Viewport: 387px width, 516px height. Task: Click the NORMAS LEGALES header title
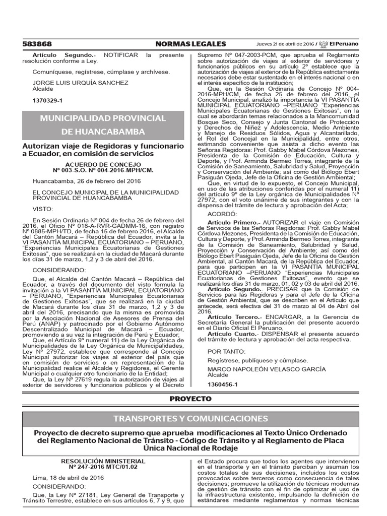click(x=191, y=44)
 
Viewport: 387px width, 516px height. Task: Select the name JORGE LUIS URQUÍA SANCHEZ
click(x=73, y=83)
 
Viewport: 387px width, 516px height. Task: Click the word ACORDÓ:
click(x=221, y=214)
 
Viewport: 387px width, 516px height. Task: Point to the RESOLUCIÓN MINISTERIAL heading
click(x=103, y=461)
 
